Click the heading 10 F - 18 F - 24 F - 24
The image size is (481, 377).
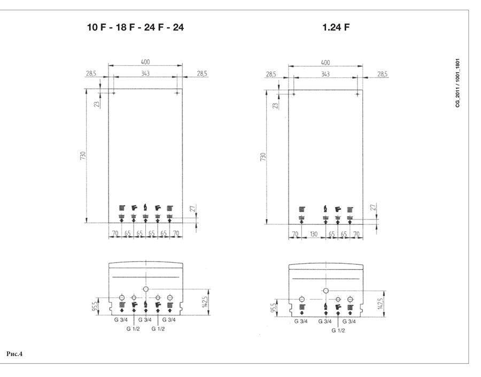tap(135, 28)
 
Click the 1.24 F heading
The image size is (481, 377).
tap(336, 28)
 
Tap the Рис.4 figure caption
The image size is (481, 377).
tap(14, 354)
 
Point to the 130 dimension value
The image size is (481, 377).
tap(314, 234)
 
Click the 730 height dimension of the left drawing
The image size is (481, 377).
tap(83, 155)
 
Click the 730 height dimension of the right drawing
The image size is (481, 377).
tap(263, 156)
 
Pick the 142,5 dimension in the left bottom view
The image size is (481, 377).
tap(205, 302)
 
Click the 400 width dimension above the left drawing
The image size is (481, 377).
tap(145, 62)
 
